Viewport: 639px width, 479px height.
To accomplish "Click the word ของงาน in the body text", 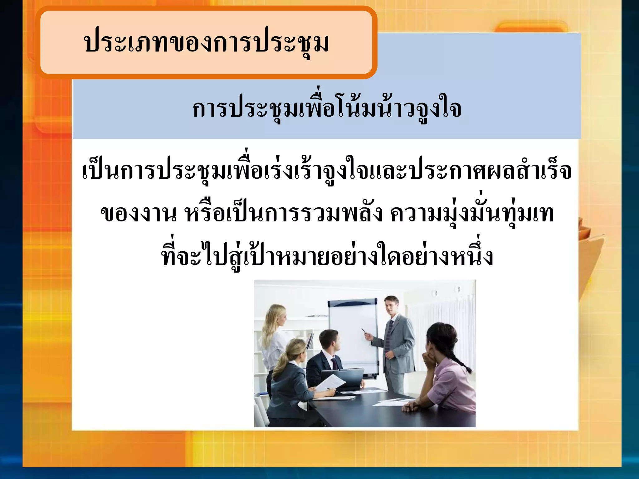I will pos(138,214).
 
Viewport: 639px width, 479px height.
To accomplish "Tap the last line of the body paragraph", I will pos(327,256).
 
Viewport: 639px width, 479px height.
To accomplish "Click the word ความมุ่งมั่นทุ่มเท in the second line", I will pos(472,214).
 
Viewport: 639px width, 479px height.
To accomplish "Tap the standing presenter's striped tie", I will pos(389,335).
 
